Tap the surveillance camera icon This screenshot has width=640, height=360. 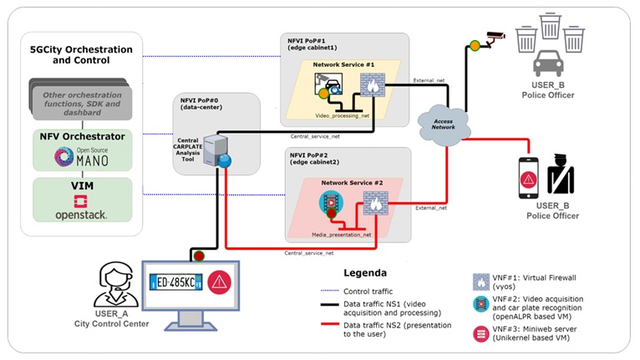494,36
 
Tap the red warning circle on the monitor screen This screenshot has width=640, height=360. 219,282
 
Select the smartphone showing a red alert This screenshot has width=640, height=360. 528,178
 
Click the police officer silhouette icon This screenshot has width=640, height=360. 561,175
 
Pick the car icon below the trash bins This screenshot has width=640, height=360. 548,63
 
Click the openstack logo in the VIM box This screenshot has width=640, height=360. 82,208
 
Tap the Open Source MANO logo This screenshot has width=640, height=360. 82,155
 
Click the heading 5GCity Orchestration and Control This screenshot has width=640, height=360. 75,56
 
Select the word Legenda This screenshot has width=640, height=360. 366,272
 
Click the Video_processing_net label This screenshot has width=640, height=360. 342,115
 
